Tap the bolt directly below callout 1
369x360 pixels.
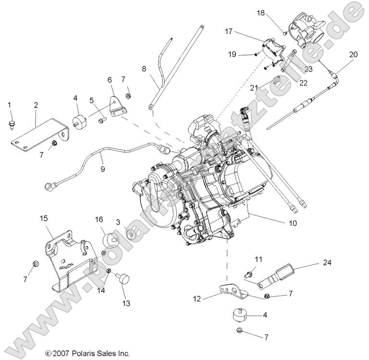[x=12, y=124]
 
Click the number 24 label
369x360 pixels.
[x=327, y=262]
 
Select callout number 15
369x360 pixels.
[x=44, y=219]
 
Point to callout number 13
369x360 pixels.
[x=126, y=303]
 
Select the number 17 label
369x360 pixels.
[x=229, y=31]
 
